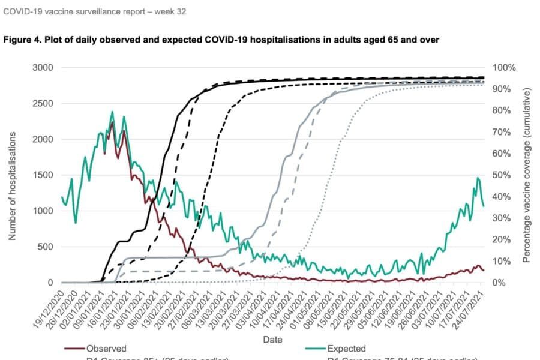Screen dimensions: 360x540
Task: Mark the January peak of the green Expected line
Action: [x=112, y=112]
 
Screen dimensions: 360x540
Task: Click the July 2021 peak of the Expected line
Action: [x=478, y=178]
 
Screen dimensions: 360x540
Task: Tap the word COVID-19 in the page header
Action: [x=23, y=11]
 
